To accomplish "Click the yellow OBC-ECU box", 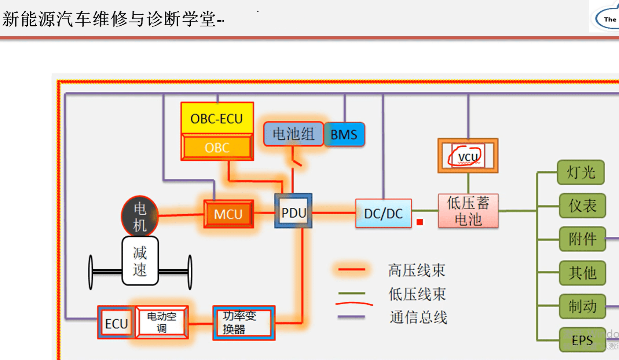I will point(217,118).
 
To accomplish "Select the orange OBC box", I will point(217,148).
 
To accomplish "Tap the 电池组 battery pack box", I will point(293,134).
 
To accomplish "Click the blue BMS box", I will point(344,135).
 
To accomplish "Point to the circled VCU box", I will point(468,156).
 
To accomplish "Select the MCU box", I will point(228,214).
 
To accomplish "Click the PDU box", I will point(293,212).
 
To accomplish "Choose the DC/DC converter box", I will point(383,213).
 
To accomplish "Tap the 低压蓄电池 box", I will point(468,211).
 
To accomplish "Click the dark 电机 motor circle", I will point(140,216).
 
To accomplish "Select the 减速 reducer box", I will point(140,261).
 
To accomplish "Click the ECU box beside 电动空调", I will point(116,323).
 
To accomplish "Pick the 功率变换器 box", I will point(243,323).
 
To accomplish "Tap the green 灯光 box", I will point(580,172).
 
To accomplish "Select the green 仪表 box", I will point(582,206).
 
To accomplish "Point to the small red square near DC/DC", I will point(420,222).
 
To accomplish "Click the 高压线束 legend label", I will point(416,270).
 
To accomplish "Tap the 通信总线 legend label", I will point(418,317).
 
